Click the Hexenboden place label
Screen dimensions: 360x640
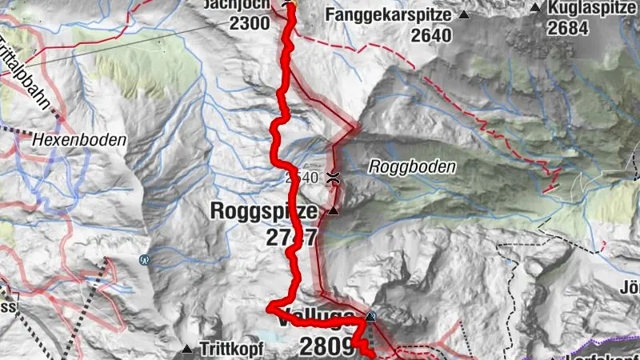80,139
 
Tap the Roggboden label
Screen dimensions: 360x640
412,167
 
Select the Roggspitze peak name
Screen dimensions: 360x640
265,211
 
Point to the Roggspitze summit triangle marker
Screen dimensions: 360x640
334,211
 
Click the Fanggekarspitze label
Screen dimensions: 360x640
388,14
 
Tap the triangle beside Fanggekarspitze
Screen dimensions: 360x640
464,15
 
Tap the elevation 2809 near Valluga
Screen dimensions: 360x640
326,346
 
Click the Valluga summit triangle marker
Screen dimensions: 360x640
370,318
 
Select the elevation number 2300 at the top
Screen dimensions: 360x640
249,23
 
